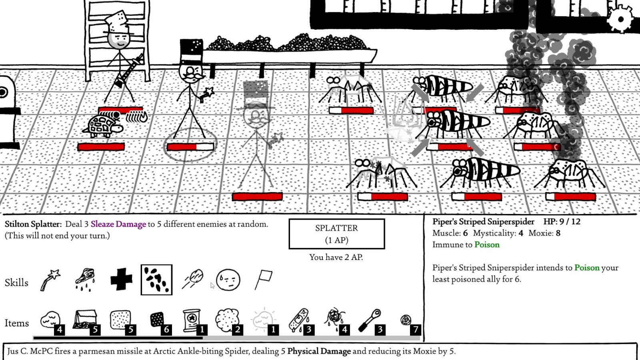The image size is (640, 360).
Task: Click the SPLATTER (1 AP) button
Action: coord(336,234)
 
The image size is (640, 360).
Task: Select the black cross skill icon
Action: coord(121,279)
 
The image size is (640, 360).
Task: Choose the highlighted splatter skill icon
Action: coord(156,280)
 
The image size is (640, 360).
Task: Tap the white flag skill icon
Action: coord(264,279)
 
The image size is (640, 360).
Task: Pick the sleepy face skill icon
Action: coord(228,280)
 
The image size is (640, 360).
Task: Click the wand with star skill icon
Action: coord(50,280)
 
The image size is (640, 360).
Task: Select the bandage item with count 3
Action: coord(299,320)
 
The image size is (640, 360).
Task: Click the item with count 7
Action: coord(406,320)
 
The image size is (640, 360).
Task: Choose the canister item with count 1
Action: coord(192,320)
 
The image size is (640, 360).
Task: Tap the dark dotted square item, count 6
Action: coord(157,320)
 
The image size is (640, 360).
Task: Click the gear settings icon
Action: coord(620,19)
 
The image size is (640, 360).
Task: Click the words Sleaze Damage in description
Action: coord(118,224)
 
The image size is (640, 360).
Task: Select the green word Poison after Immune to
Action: coord(487,245)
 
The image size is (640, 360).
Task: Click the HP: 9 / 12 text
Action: coord(562,222)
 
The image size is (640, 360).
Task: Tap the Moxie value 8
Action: coord(558,233)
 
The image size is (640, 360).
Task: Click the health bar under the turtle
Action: coord(101,147)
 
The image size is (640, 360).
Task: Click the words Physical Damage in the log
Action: coord(319,351)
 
